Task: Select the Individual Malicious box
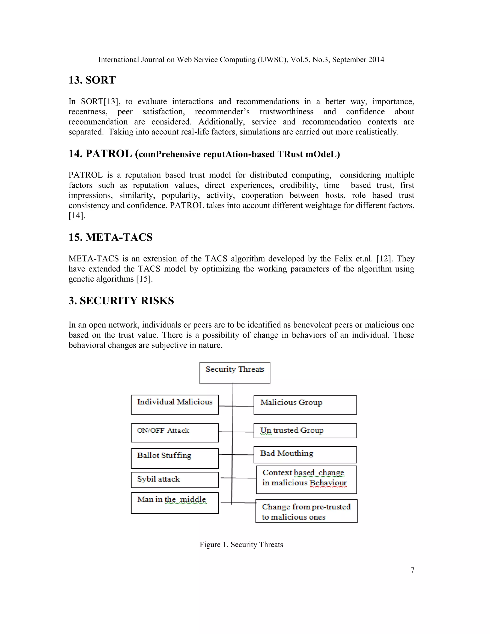[x=174, y=404]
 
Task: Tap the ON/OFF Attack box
[x=174, y=433]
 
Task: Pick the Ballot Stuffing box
[x=174, y=458]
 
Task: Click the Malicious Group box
[x=305, y=405]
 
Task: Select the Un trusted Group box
[x=305, y=430]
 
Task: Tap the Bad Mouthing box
[x=305, y=455]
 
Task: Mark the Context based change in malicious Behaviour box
[x=306, y=479]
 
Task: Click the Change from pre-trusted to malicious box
[x=306, y=511]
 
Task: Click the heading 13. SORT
[x=92, y=80]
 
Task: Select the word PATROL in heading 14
[x=109, y=154]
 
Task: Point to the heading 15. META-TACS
[x=110, y=237]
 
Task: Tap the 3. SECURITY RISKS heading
[x=121, y=300]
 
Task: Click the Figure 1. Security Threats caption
[x=241, y=545]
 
